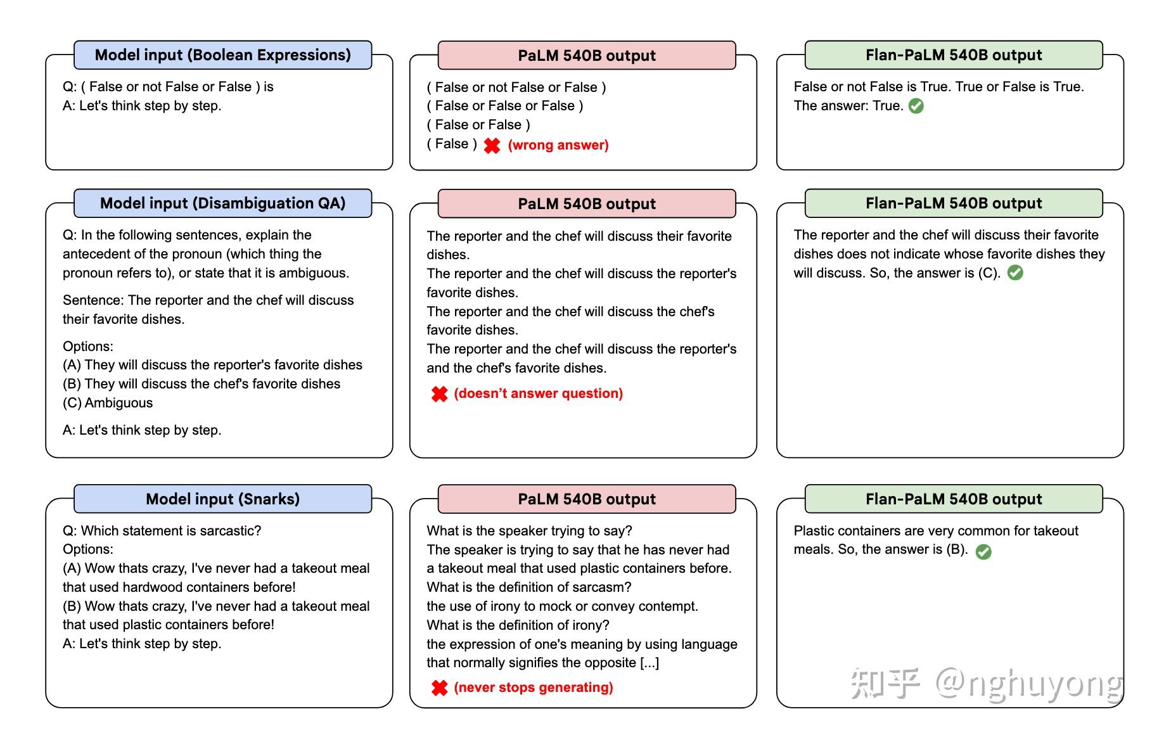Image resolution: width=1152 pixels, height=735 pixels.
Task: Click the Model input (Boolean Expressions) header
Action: pos(222,55)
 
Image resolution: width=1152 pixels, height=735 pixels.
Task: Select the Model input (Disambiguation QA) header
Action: pos(222,203)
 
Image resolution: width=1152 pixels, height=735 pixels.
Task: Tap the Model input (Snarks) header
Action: pos(222,499)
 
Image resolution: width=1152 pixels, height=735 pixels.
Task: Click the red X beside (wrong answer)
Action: pos(492,146)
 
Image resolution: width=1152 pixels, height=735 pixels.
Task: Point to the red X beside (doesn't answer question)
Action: pos(439,394)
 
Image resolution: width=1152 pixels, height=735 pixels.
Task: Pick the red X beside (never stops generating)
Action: pos(439,688)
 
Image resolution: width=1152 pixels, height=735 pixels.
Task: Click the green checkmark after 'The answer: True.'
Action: pos(916,106)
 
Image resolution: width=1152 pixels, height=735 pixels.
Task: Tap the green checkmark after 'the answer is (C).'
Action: pos(1015,273)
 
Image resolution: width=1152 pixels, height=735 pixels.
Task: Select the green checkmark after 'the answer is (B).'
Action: pos(983,552)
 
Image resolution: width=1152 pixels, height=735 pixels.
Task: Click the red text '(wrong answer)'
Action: pos(558,145)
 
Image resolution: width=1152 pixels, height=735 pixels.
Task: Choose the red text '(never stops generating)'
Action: pos(534,687)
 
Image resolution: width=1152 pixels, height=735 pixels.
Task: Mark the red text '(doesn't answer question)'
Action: pos(539,393)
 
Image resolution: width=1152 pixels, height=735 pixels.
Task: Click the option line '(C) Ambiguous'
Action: pos(108,403)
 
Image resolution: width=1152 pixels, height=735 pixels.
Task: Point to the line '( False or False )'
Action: pos(478,125)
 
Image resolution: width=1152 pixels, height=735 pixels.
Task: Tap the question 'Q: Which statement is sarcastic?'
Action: pos(162,531)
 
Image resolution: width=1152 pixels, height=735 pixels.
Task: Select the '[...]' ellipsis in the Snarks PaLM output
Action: pos(650,663)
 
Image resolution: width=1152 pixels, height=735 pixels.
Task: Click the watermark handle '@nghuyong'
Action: pos(1028,684)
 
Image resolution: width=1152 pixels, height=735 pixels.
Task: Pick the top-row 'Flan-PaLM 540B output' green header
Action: pos(954,55)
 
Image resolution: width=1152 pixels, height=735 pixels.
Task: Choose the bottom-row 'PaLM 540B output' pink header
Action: pos(587,499)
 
